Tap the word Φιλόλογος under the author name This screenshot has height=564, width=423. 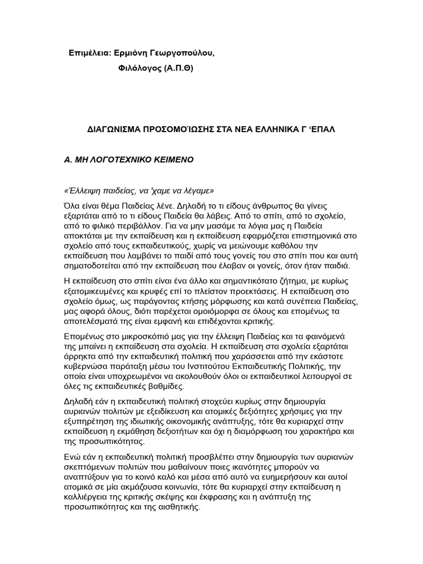(x=139, y=68)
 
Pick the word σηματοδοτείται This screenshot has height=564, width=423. (x=96, y=266)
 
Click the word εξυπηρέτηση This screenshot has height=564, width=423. (x=91, y=421)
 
